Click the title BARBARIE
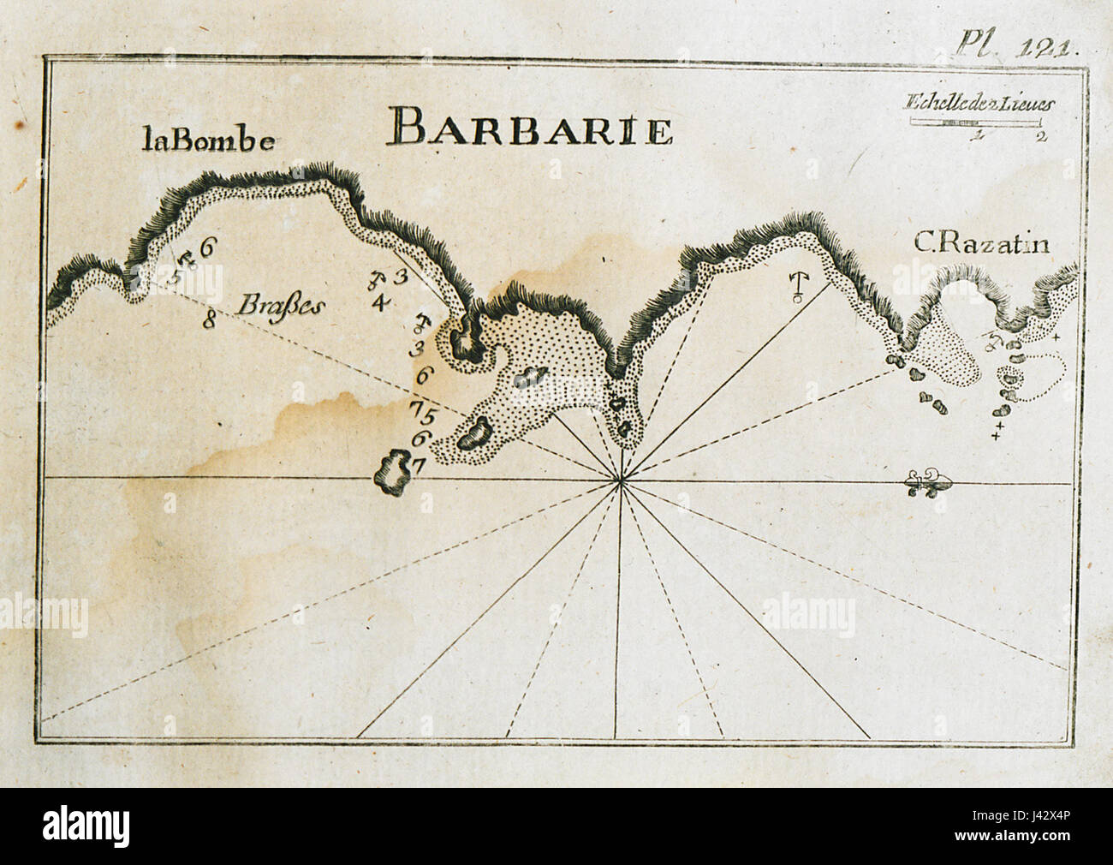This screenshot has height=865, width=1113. click(x=529, y=128)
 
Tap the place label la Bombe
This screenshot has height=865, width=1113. click(x=209, y=141)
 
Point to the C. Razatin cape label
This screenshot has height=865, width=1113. click(x=981, y=245)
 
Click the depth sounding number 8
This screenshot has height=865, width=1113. click(x=208, y=322)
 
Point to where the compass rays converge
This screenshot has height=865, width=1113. click(x=621, y=483)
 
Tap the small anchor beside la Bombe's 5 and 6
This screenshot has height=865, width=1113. click(x=190, y=259)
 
